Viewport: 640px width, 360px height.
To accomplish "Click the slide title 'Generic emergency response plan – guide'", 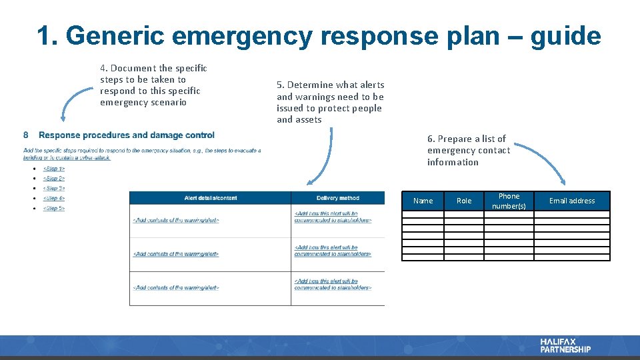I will [x=319, y=36].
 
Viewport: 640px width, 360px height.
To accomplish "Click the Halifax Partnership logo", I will [x=565, y=345].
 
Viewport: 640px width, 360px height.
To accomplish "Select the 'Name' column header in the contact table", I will [x=423, y=201].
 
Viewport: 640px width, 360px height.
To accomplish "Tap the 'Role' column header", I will [x=464, y=201].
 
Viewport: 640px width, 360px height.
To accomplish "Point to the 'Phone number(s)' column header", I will [x=509, y=201].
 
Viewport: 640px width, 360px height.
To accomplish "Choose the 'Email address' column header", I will [x=571, y=201].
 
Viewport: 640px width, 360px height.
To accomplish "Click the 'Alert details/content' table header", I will [x=210, y=198].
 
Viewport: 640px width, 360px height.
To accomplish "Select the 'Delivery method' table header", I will [x=337, y=198].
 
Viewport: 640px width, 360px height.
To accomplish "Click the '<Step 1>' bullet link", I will [x=54, y=169].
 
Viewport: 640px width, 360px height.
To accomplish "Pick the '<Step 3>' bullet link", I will [x=54, y=189].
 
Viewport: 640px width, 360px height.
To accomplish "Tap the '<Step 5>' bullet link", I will [x=54, y=209].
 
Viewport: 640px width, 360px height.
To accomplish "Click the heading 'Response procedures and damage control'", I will [x=127, y=135].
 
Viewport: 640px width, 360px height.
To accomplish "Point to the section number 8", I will [x=26, y=135].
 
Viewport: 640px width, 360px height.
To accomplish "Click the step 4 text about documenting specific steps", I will [x=153, y=85].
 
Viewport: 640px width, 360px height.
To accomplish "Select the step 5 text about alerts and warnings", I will [x=330, y=102].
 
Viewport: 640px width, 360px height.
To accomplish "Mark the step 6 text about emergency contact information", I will [x=468, y=150].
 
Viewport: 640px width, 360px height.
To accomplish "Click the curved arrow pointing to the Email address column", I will [x=540, y=157].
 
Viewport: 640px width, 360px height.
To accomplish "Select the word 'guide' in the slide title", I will [x=565, y=36].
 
